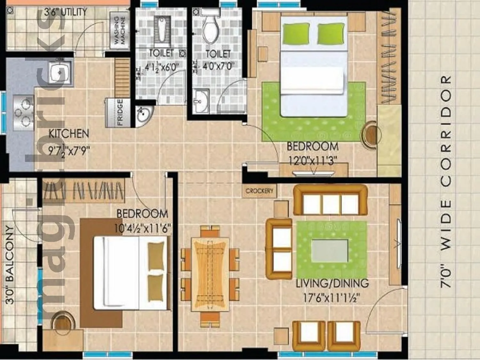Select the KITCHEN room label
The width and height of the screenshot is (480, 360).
click(x=68, y=134)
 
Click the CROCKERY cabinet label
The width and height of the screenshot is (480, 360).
click(x=260, y=191)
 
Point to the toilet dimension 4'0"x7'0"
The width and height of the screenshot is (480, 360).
click(x=218, y=66)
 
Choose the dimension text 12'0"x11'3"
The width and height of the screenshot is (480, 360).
click(x=312, y=160)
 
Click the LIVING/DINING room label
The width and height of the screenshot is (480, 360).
click(x=332, y=284)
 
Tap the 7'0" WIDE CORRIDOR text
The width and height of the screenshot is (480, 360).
click(x=446, y=181)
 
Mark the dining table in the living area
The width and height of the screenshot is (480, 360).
click(x=210, y=274)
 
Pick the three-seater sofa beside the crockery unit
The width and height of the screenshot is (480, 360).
click(x=330, y=200)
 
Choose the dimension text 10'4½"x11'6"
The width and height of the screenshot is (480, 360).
click(x=142, y=228)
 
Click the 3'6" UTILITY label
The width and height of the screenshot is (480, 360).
click(x=65, y=12)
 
